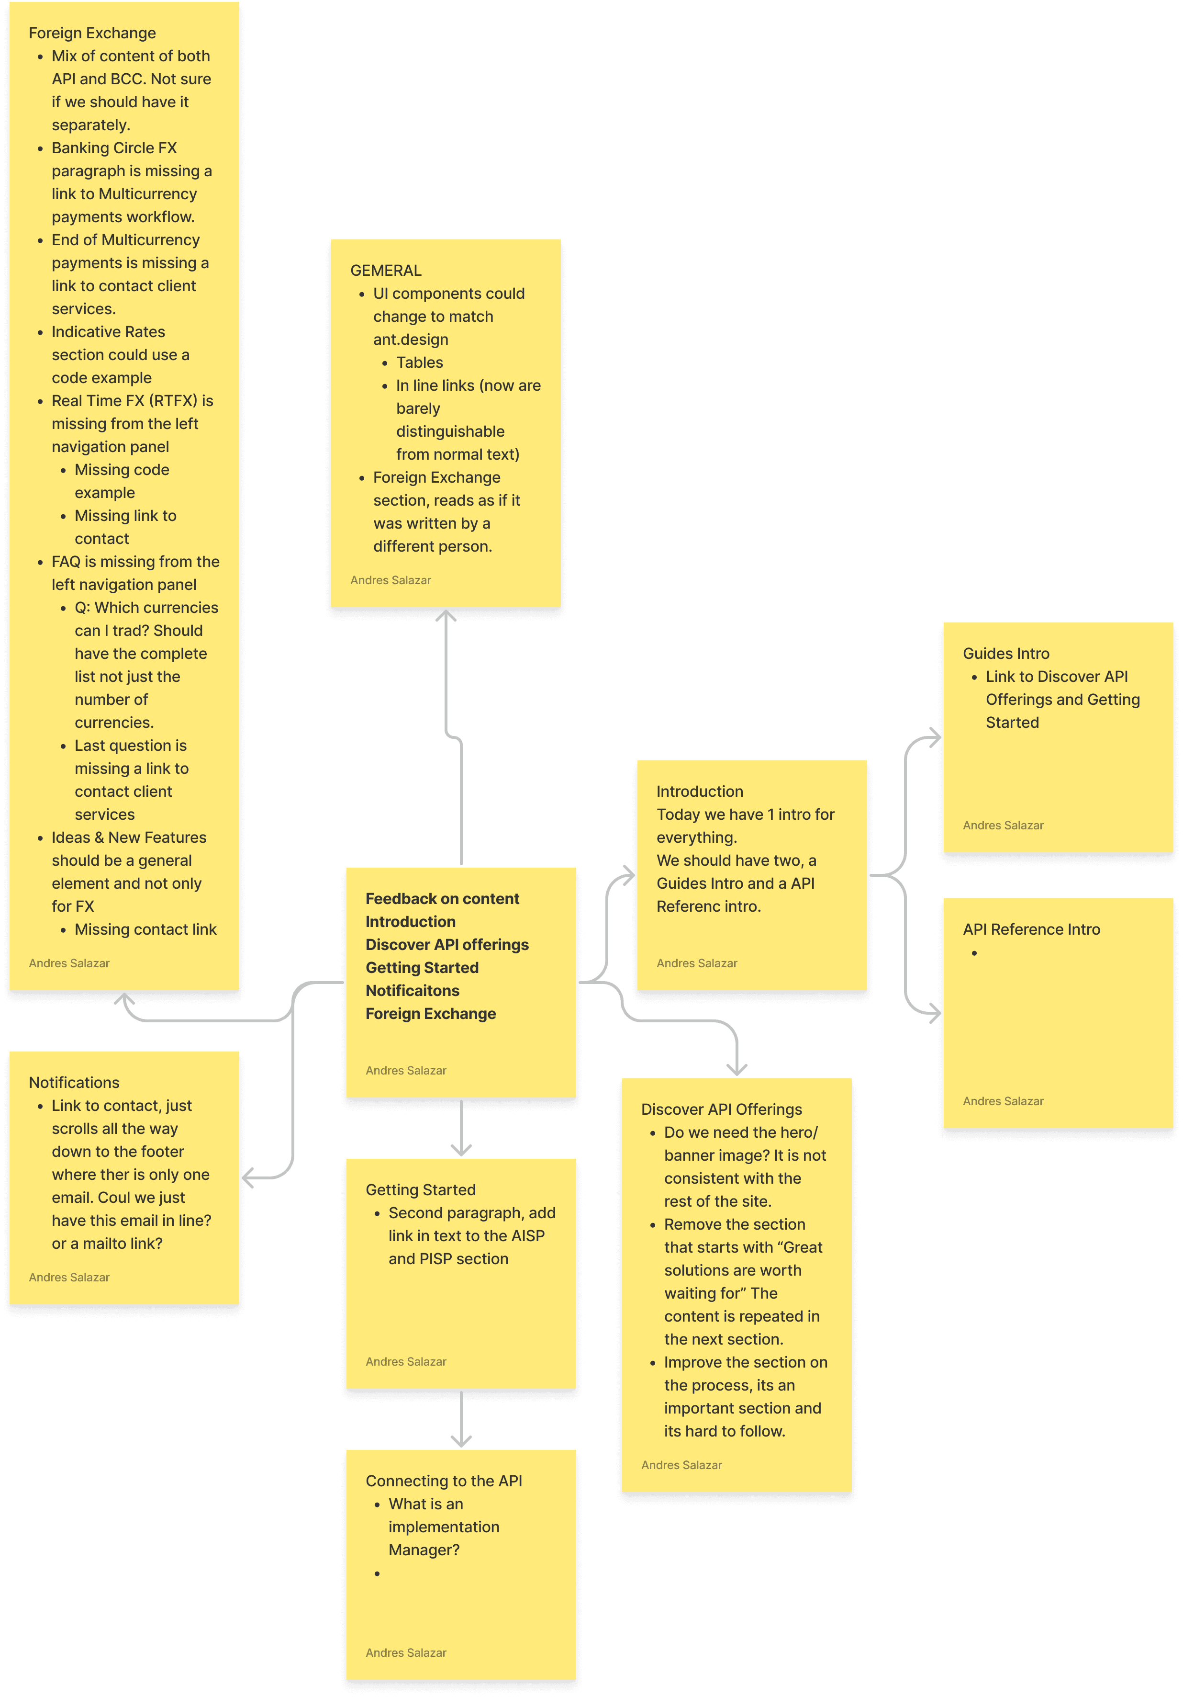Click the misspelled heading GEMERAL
tap(386, 271)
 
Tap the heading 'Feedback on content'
tap(442, 899)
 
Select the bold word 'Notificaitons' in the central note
tap(413, 990)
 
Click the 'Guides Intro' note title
tap(1005, 654)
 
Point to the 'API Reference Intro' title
tap(1031, 929)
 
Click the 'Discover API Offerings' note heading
tap(721, 1109)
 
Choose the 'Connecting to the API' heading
tap(443, 1481)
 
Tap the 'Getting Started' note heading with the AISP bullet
tap(421, 1189)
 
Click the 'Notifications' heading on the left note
tap(74, 1082)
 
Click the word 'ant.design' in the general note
tap(410, 339)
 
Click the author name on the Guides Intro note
tap(1003, 825)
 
